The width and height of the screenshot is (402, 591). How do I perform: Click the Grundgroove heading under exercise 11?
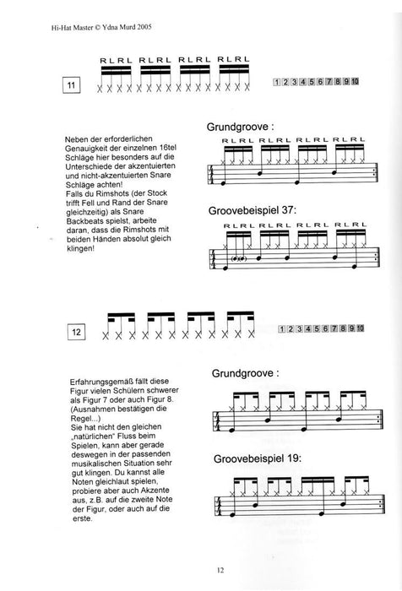click(239, 128)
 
